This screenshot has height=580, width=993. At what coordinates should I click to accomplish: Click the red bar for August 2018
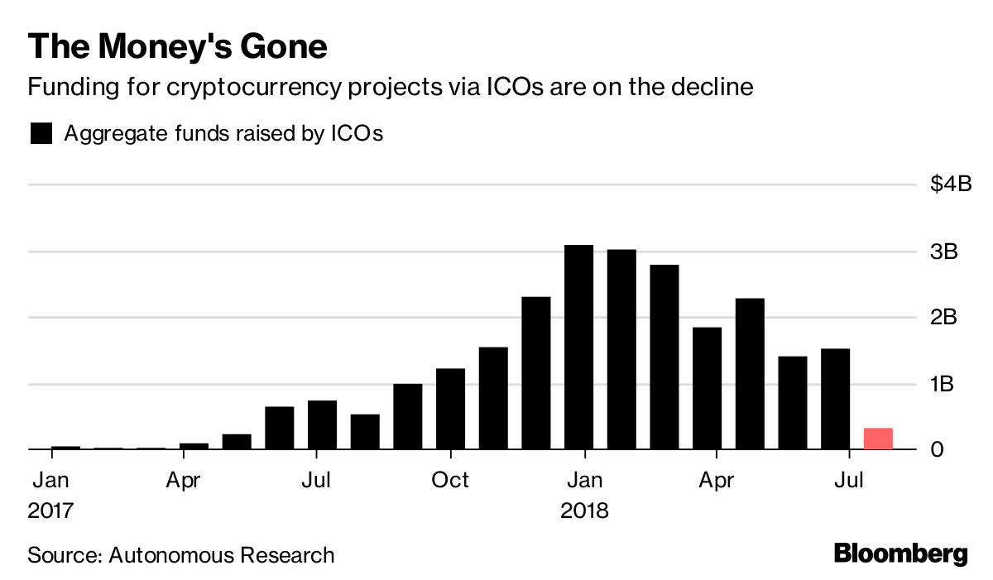tap(878, 439)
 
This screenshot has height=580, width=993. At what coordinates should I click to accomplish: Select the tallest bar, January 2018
tap(579, 348)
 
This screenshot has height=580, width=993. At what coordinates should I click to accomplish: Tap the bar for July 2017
tap(322, 425)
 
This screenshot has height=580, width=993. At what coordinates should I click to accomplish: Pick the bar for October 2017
tap(450, 409)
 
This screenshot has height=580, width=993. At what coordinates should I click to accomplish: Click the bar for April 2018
tap(707, 389)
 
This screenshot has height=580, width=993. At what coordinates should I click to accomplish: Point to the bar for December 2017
tap(536, 372)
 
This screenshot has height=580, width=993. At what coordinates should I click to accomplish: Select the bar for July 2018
tap(835, 399)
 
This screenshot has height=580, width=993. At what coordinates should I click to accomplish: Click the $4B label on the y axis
tap(951, 185)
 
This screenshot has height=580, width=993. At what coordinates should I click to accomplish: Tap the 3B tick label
tap(944, 252)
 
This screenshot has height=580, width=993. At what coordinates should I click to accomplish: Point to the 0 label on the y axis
tap(937, 450)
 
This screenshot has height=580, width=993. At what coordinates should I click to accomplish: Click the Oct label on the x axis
tap(451, 480)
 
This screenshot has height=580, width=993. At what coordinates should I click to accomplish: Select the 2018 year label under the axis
tap(584, 510)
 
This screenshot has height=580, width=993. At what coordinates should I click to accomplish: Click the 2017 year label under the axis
tap(51, 510)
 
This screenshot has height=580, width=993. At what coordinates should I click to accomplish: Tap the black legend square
tap(41, 134)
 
